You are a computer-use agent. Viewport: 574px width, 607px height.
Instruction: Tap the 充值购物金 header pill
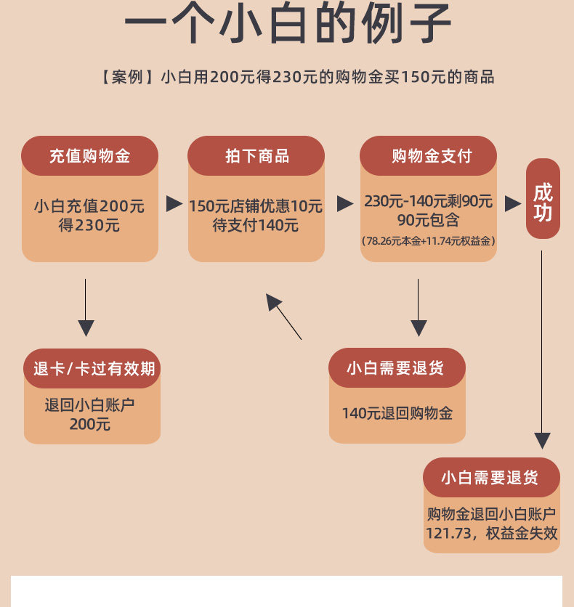coord(89,156)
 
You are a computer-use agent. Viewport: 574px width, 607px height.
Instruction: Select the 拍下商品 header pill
coord(256,156)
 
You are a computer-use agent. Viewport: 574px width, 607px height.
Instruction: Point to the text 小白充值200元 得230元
coord(89,216)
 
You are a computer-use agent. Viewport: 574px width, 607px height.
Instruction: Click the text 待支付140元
coord(256,226)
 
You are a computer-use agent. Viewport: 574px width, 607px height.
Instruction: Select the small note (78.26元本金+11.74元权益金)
coord(428,240)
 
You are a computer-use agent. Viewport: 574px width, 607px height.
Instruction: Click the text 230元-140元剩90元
coord(428,201)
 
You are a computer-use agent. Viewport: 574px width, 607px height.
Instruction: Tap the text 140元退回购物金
coord(397,413)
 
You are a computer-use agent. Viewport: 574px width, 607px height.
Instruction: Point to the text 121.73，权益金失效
coord(492,534)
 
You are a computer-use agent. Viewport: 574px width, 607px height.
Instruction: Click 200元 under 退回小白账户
coord(90,424)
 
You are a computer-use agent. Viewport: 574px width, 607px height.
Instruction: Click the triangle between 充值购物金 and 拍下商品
coord(174,204)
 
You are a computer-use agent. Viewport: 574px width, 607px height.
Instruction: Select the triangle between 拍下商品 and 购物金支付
coord(345,204)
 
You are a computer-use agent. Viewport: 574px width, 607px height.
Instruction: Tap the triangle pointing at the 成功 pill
coord(513,204)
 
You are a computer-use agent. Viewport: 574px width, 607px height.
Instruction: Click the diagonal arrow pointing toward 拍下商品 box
coord(283,317)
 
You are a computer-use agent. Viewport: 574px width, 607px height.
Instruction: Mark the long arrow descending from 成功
coord(542,349)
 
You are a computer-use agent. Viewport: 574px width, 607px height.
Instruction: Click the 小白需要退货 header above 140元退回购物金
coord(396,368)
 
